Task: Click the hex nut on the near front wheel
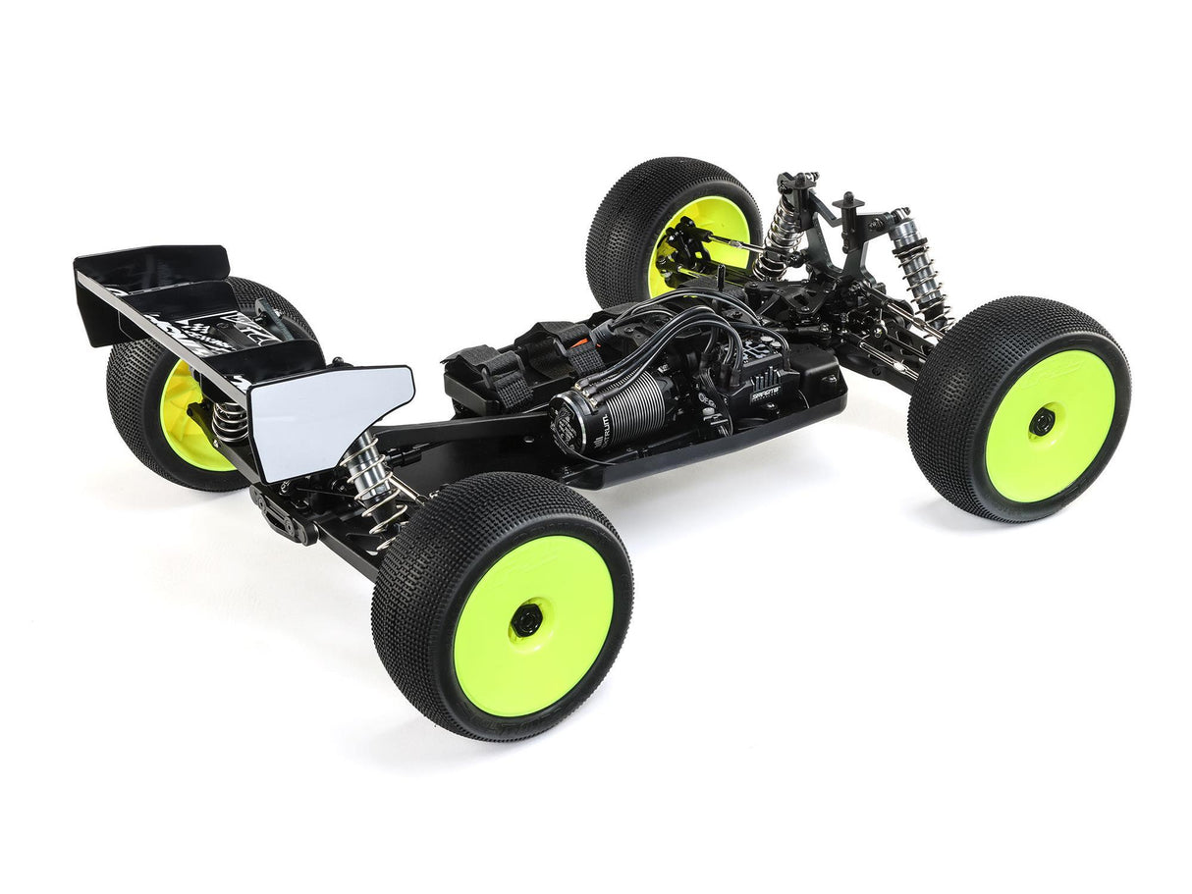tap(1041, 422)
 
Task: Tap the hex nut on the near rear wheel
tap(526, 619)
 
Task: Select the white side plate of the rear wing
tap(329, 417)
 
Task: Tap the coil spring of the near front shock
tap(923, 285)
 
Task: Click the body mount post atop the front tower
tap(847, 208)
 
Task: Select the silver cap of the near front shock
tap(900, 229)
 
